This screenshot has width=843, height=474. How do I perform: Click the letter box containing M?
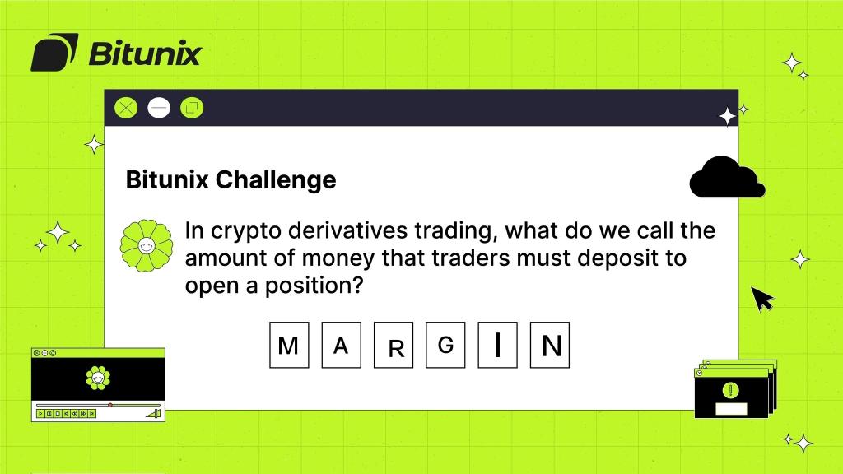click(x=289, y=346)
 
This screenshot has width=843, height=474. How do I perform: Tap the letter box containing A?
click(x=341, y=346)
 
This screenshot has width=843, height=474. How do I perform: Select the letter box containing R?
click(x=394, y=346)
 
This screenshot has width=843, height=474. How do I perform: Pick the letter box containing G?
click(x=446, y=346)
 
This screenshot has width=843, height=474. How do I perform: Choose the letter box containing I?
click(x=498, y=346)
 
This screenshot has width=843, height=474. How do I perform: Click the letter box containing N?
click(x=551, y=346)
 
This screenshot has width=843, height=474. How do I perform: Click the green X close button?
click(x=126, y=107)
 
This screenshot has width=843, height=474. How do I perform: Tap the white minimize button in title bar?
click(x=159, y=107)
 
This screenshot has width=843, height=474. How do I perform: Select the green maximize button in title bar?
click(x=192, y=107)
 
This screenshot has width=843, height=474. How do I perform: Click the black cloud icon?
click(x=726, y=178)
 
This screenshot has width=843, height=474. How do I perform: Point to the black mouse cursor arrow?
click(x=762, y=299)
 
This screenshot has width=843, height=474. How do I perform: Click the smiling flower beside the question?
click(x=145, y=246)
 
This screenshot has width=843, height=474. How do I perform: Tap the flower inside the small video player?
click(x=98, y=378)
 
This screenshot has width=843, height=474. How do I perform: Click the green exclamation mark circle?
click(x=729, y=390)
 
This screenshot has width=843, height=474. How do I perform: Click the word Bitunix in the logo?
click(x=144, y=53)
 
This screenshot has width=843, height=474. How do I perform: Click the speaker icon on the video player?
click(x=152, y=413)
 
